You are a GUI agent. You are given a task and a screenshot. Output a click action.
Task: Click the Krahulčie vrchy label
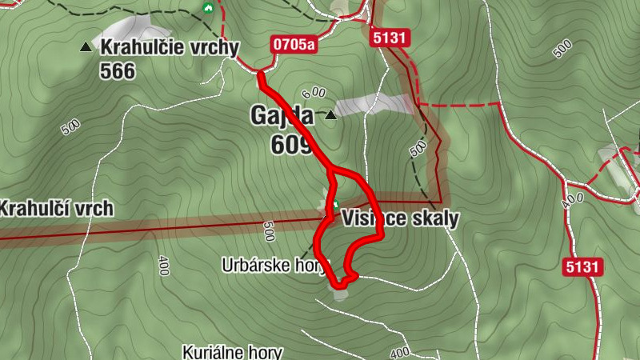click(170, 47)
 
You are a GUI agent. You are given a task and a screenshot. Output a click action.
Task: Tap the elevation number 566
click(118, 71)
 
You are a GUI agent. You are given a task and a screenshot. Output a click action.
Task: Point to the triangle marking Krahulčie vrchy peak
click(86, 47)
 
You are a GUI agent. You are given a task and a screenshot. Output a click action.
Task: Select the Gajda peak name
click(283, 116)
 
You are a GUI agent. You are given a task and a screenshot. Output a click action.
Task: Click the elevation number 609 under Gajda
click(290, 144)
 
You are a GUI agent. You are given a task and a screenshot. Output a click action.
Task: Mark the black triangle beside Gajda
click(330, 114)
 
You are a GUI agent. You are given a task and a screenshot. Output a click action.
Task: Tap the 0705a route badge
click(293, 44)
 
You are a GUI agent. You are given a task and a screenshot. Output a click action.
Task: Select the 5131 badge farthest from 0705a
click(582, 267)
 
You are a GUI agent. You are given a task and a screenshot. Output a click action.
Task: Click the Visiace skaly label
click(400, 218)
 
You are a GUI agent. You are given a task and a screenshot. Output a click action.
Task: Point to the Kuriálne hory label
click(233, 351)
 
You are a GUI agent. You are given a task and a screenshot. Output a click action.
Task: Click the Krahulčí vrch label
click(56, 209)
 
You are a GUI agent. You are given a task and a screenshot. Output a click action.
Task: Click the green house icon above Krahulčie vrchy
click(208, 8)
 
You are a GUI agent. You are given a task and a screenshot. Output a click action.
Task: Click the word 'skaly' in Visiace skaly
click(433, 218)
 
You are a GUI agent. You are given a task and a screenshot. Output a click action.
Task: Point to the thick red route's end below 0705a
click(261, 75)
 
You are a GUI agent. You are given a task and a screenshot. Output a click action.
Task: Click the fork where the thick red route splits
click(330, 170)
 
